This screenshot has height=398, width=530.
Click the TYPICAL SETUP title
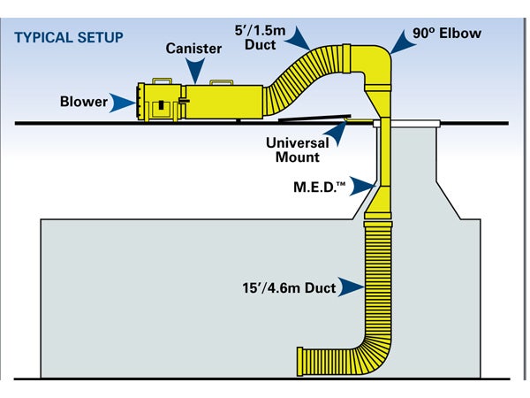(69, 38)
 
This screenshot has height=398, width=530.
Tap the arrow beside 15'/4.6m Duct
(352, 286)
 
